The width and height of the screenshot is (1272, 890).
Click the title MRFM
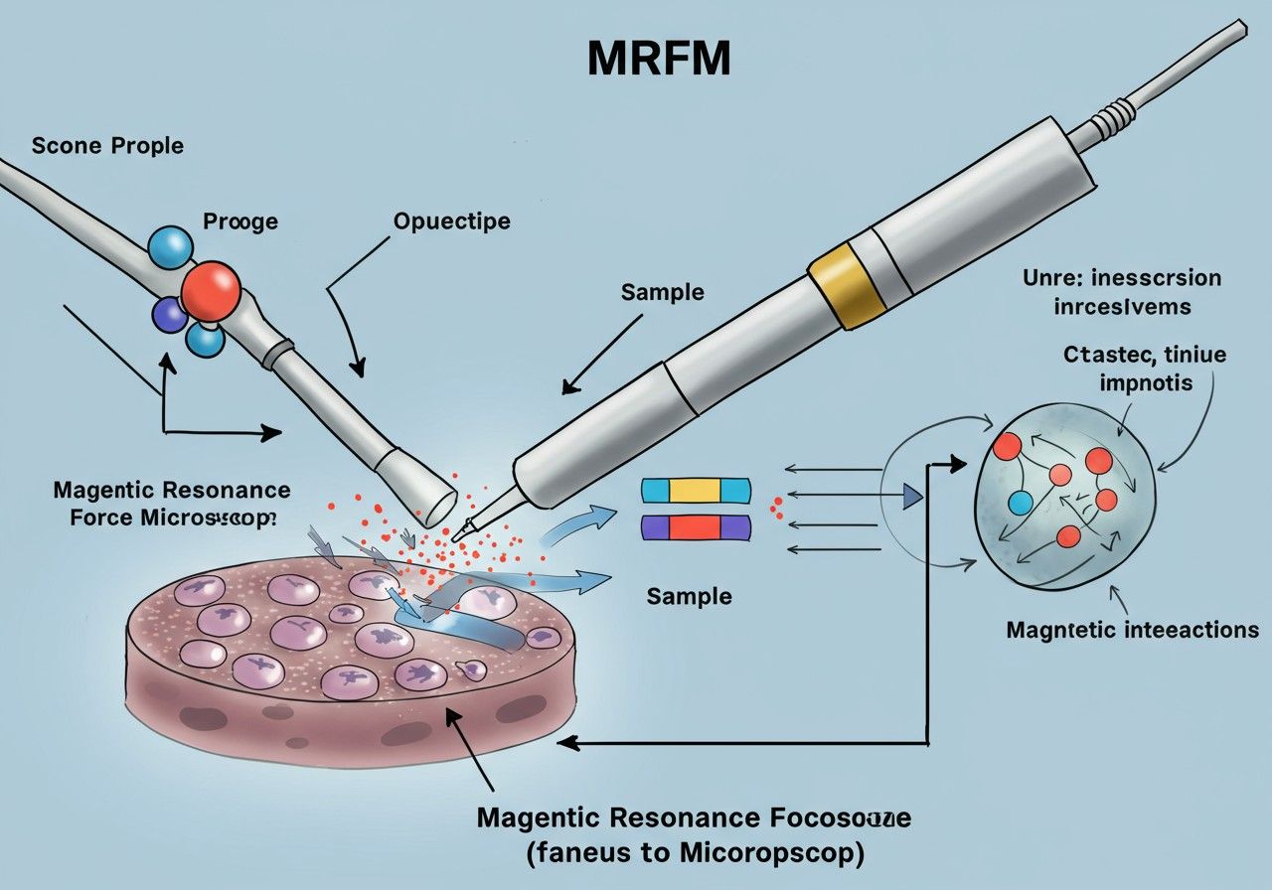(659, 62)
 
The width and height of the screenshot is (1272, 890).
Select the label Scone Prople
(107, 146)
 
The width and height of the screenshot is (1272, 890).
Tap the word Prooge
(240, 221)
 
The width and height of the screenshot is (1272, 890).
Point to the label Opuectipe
(452, 221)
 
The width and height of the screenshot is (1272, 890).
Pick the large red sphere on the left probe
(211, 290)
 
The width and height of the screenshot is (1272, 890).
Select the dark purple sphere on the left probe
(168, 315)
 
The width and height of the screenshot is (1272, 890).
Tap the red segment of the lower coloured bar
(696, 527)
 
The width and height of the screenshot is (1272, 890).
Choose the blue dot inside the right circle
(1021, 502)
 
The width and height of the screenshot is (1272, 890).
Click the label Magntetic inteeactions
(1132, 630)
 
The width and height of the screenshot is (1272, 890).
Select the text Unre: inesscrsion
(1122, 279)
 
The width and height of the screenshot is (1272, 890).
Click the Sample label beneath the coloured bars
(689, 596)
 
